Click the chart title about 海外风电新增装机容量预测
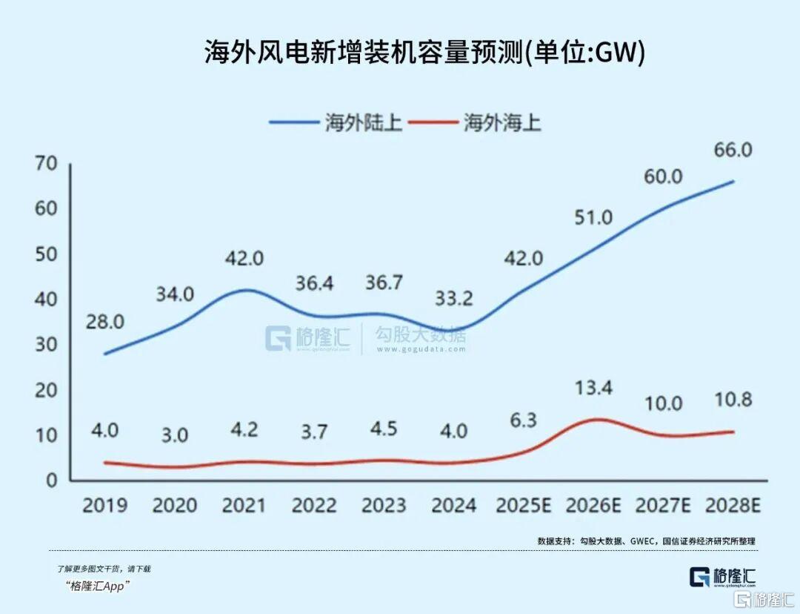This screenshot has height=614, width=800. point(424,53)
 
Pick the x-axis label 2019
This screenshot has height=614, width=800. point(104,506)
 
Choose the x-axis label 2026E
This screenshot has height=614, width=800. point(593,506)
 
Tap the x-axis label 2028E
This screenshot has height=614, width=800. point(733,506)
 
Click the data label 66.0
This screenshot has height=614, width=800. point(733,150)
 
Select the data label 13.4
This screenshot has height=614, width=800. point(593,386)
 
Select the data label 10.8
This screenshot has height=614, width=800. point(733,400)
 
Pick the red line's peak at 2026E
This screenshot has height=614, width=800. point(595,420)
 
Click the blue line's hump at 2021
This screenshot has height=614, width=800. point(244,289)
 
